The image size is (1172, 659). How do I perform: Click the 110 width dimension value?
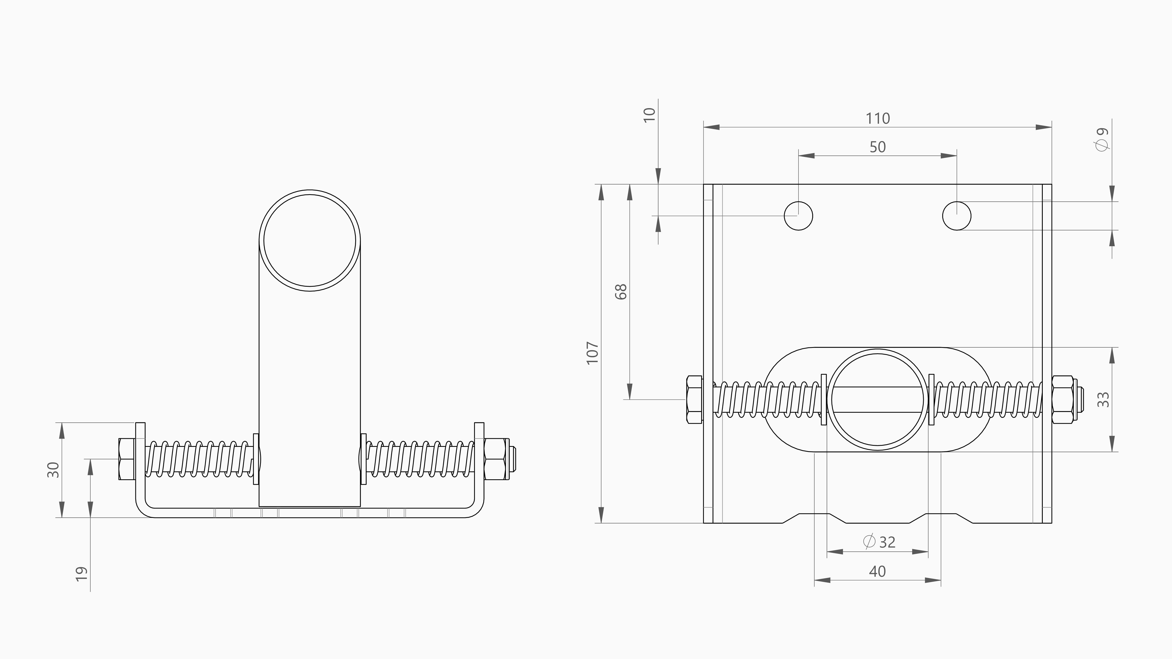point(877,118)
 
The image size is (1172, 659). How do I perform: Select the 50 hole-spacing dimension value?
point(877,147)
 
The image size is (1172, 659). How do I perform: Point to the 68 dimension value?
point(621,292)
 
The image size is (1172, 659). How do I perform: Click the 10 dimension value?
point(650,115)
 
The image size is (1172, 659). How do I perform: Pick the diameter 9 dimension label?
point(1102,139)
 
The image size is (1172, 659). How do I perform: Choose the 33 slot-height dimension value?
point(1103,400)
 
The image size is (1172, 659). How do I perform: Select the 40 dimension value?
point(877,571)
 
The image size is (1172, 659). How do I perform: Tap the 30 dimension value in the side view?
point(54,470)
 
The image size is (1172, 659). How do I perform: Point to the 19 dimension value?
point(82,574)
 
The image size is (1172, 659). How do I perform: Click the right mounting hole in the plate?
point(956,216)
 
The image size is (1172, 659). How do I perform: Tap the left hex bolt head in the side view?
point(127,459)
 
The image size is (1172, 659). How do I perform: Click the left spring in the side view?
point(199,459)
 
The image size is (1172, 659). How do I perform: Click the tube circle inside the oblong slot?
point(877,400)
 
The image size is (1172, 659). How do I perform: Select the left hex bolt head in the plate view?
point(694,400)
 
